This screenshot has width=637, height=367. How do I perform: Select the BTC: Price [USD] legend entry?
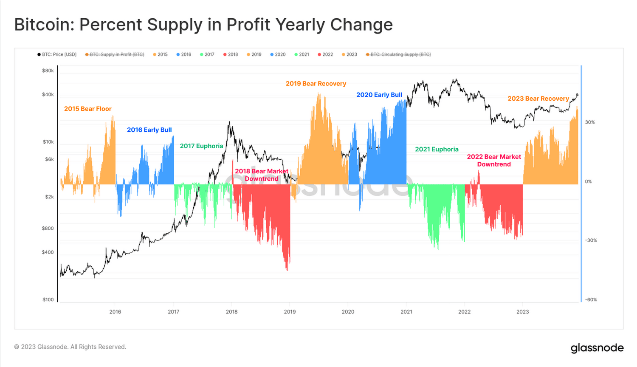click(x=57, y=54)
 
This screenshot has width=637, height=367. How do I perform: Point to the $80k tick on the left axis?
click(x=48, y=71)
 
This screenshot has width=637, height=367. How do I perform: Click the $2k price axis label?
click(x=49, y=197)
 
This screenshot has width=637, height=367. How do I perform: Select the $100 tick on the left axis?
click(x=48, y=299)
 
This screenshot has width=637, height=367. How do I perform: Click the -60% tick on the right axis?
click(x=591, y=299)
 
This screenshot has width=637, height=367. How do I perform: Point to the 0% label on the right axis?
click(x=588, y=181)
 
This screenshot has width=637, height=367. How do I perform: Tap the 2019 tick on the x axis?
click(x=290, y=312)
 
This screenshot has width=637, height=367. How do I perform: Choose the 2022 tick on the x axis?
click(x=464, y=312)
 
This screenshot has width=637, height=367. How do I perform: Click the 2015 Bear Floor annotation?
click(x=87, y=109)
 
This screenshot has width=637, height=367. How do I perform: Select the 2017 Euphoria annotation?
click(x=201, y=146)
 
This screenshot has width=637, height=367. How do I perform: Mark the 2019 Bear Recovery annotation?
click(x=316, y=84)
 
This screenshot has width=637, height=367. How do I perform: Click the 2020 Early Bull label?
click(x=379, y=95)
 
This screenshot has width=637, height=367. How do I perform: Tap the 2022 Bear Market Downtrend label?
click(x=494, y=161)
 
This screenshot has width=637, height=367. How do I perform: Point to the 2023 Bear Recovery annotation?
click(x=538, y=99)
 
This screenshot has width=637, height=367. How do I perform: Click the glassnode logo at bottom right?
click(x=597, y=348)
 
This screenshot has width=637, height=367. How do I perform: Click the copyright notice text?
click(x=70, y=347)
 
